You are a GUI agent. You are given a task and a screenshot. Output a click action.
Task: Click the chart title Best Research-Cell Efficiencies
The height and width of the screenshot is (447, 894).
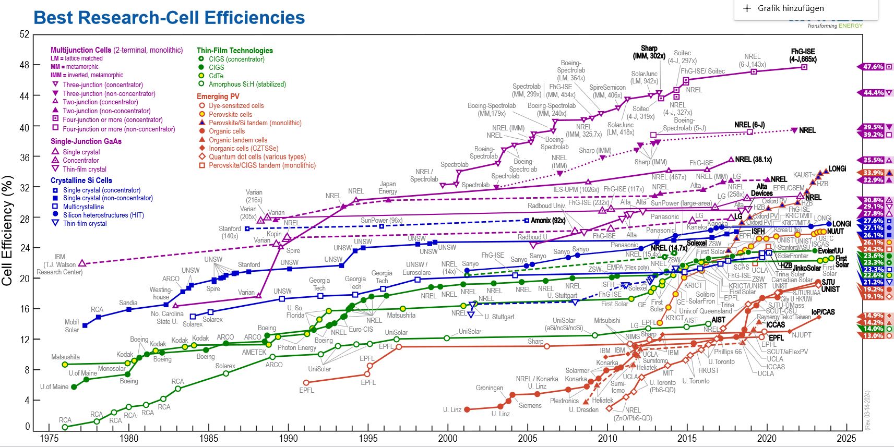coord(169,18)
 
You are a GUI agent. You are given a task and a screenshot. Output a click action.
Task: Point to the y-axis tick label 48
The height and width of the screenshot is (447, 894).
coord(24,65)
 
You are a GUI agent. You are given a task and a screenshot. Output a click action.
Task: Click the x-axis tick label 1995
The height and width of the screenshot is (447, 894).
coord(368,439)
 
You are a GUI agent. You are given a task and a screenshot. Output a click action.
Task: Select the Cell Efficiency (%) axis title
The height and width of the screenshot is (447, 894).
coord(7,230)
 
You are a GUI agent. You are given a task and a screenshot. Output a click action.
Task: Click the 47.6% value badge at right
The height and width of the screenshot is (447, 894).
coord(873,67)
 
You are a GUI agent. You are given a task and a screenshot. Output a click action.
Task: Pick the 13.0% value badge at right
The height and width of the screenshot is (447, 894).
coord(873,336)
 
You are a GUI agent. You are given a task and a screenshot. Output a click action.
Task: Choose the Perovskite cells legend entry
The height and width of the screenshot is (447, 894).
coord(230,114)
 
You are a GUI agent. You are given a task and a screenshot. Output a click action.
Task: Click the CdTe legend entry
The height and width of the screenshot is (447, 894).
coord(216,76)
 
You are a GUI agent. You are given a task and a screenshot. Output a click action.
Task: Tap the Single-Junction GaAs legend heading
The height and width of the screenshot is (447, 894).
coord(86,141)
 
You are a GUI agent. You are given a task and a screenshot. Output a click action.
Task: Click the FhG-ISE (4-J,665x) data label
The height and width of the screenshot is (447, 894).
coord(803,55)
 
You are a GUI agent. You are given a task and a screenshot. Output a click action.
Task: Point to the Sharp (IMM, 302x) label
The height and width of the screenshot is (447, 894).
coord(649,52)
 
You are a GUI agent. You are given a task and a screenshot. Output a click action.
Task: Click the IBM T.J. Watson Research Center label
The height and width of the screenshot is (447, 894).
coord(59,264)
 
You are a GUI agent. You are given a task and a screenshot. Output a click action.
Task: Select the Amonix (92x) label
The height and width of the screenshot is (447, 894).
coord(548,221)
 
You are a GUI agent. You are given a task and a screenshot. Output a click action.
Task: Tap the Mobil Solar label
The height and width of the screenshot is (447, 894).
coord(72,326)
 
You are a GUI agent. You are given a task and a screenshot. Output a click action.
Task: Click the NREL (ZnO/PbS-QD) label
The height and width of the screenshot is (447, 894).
coord(633,414)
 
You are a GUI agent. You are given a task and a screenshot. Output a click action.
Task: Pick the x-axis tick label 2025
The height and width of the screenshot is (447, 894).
coord(846,439)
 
